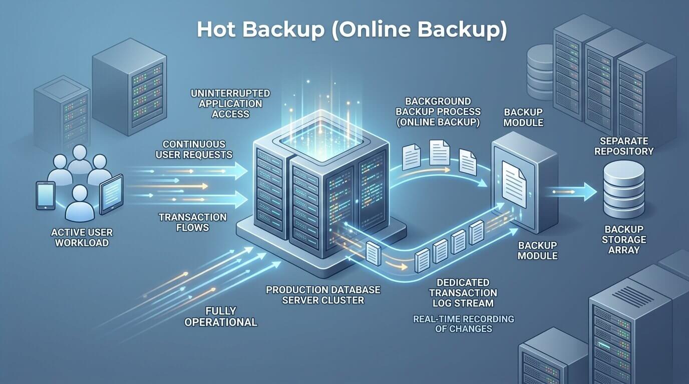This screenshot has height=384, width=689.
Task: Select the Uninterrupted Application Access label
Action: pyautogui.click(x=230, y=103)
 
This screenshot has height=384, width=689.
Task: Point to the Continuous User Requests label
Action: pyautogui.click(x=194, y=149)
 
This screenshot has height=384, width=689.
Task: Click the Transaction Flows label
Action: pyautogui.click(x=193, y=222)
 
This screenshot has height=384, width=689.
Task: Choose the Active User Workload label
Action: pyautogui.click(x=82, y=237)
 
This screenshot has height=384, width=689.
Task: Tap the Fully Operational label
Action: pyautogui.click(x=220, y=316)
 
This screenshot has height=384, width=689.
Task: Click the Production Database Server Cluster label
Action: pyautogui.click(x=323, y=294)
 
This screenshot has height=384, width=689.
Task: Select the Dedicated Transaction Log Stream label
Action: pyautogui.click(x=463, y=293)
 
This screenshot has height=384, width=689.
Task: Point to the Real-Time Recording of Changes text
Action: pyautogui.click(x=464, y=324)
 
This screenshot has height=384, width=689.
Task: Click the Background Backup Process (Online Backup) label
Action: pyautogui.click(x=438, y=112)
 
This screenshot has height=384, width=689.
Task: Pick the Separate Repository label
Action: pyautogui.click(x=624, y=146)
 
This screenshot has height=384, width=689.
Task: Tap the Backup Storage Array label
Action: pyautogui.click(x=624, y=239)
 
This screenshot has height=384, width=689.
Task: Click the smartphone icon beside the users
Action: pyautogui.click(x=46, y=195)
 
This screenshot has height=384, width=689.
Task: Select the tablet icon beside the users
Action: pyautogui.click(x=111, y=194)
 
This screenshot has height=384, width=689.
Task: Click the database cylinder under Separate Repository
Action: pyautogui.click(x=624, y=189)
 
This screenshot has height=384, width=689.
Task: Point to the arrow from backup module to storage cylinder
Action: pyautogui.click(x=573, y=191)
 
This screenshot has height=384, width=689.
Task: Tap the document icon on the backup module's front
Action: pyautogui.click(x=514, y=184)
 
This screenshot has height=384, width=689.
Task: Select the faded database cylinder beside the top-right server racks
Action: pyautogui.click(x=540, y=72)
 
